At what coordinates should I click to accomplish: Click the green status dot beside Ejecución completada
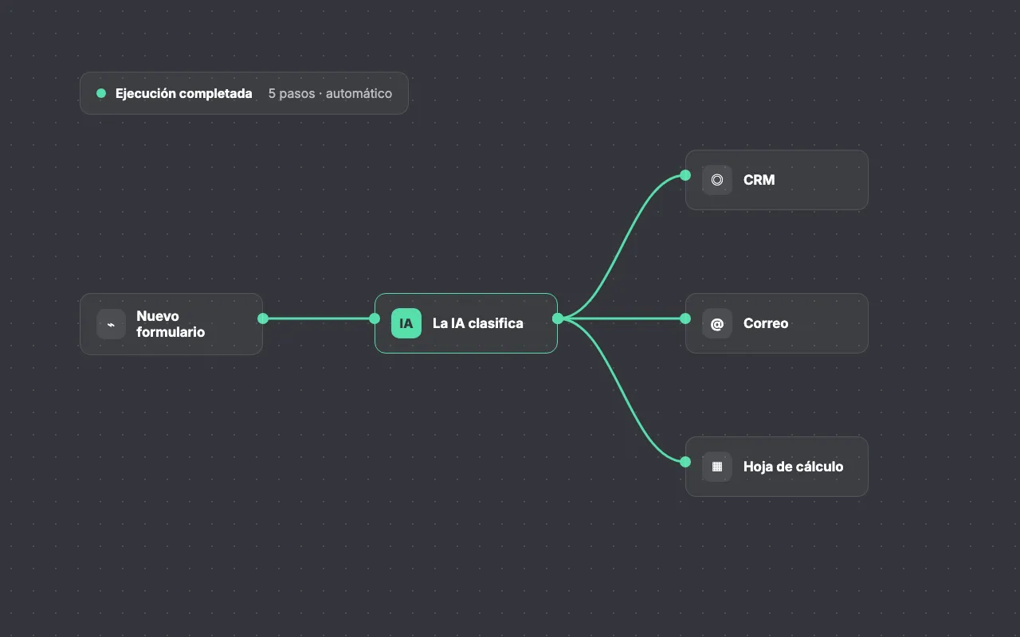101,93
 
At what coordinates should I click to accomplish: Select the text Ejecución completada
183,93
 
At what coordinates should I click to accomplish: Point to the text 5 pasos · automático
330,93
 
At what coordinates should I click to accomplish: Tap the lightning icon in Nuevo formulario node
111,324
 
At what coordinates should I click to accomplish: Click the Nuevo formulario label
171,324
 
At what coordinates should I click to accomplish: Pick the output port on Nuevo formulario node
263,318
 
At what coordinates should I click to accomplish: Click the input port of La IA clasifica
375,318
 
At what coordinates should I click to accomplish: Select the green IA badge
406,323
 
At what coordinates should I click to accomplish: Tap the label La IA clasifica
477,323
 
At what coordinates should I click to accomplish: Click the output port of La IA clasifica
557,318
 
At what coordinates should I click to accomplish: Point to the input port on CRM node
685,175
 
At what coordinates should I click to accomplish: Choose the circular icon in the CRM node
716,180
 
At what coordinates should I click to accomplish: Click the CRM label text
759,180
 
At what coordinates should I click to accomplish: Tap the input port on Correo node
685,318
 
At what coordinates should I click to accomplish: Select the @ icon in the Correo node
716,324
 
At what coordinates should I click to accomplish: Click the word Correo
766,323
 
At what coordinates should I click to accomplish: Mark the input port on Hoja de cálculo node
685,462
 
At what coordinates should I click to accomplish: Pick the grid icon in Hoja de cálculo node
716,467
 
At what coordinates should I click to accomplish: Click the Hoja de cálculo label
793,467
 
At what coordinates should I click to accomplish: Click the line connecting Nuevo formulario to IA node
319,318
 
